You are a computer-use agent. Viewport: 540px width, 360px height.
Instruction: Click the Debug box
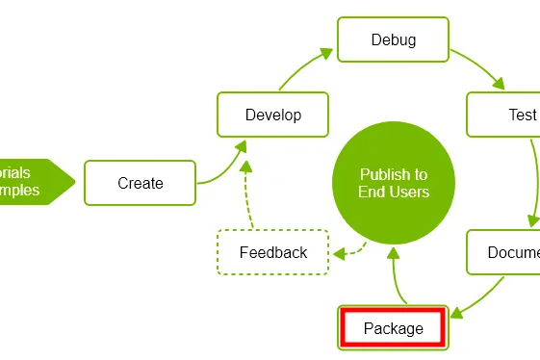393,39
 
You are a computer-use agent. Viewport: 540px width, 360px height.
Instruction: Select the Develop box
272,115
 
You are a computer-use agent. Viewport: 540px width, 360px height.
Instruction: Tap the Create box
141,183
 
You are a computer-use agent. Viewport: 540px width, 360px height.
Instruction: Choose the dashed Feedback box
273,252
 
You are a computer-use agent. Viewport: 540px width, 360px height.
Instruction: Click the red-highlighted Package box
393,328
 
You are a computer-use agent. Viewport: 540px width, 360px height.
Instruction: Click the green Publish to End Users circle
393,183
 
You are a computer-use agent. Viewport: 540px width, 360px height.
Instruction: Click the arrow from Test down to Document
535,183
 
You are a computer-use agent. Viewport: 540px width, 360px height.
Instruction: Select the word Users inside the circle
410,192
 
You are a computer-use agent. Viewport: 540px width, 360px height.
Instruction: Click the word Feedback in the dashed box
273,252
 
